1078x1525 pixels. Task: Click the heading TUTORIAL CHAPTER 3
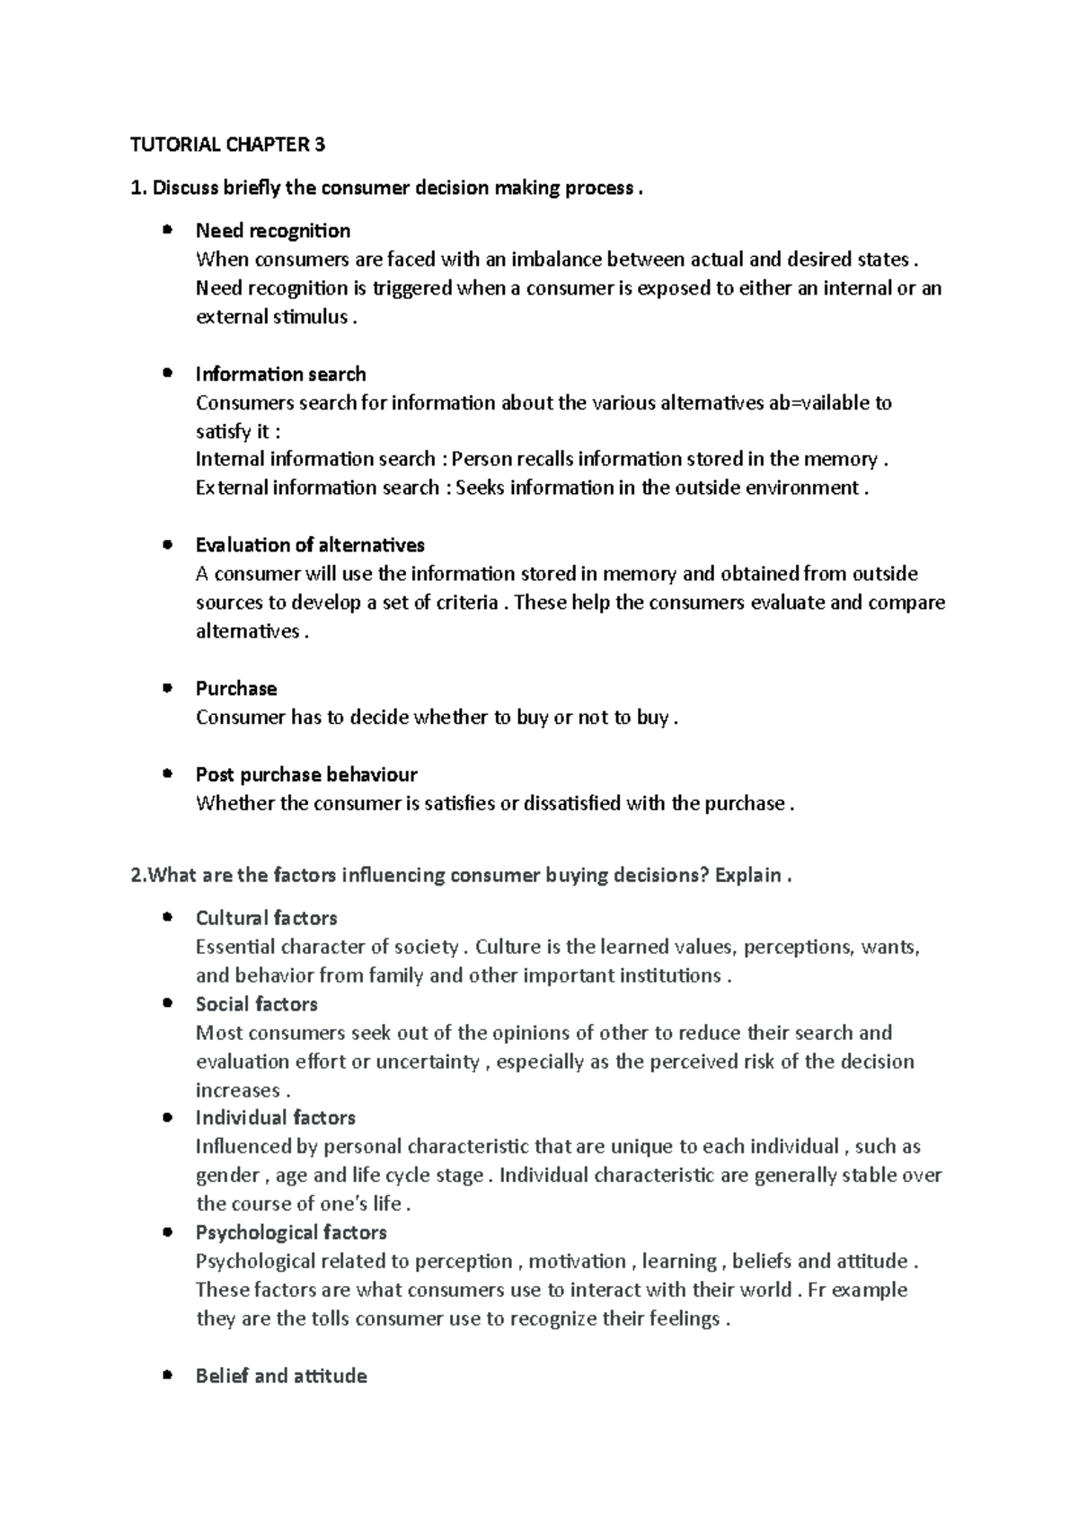point(227,145)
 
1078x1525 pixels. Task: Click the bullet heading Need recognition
point(273,231)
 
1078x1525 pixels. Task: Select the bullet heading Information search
point(280,374)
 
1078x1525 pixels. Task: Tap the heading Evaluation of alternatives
point(310,545)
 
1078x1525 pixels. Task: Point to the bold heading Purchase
point(236,689)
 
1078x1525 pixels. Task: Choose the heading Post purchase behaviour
point(306,774)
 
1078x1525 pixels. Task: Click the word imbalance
point(557,260)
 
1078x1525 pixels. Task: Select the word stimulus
point(310,317)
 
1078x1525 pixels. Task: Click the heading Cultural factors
point(267,918)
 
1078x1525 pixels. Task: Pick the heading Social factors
point(257,1004)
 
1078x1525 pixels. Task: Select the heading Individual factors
point(276,1118)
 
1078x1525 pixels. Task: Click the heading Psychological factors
point(291,1232)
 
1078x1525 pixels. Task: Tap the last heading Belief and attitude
point(281,1376)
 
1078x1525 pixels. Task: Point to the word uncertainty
point(428,1062)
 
